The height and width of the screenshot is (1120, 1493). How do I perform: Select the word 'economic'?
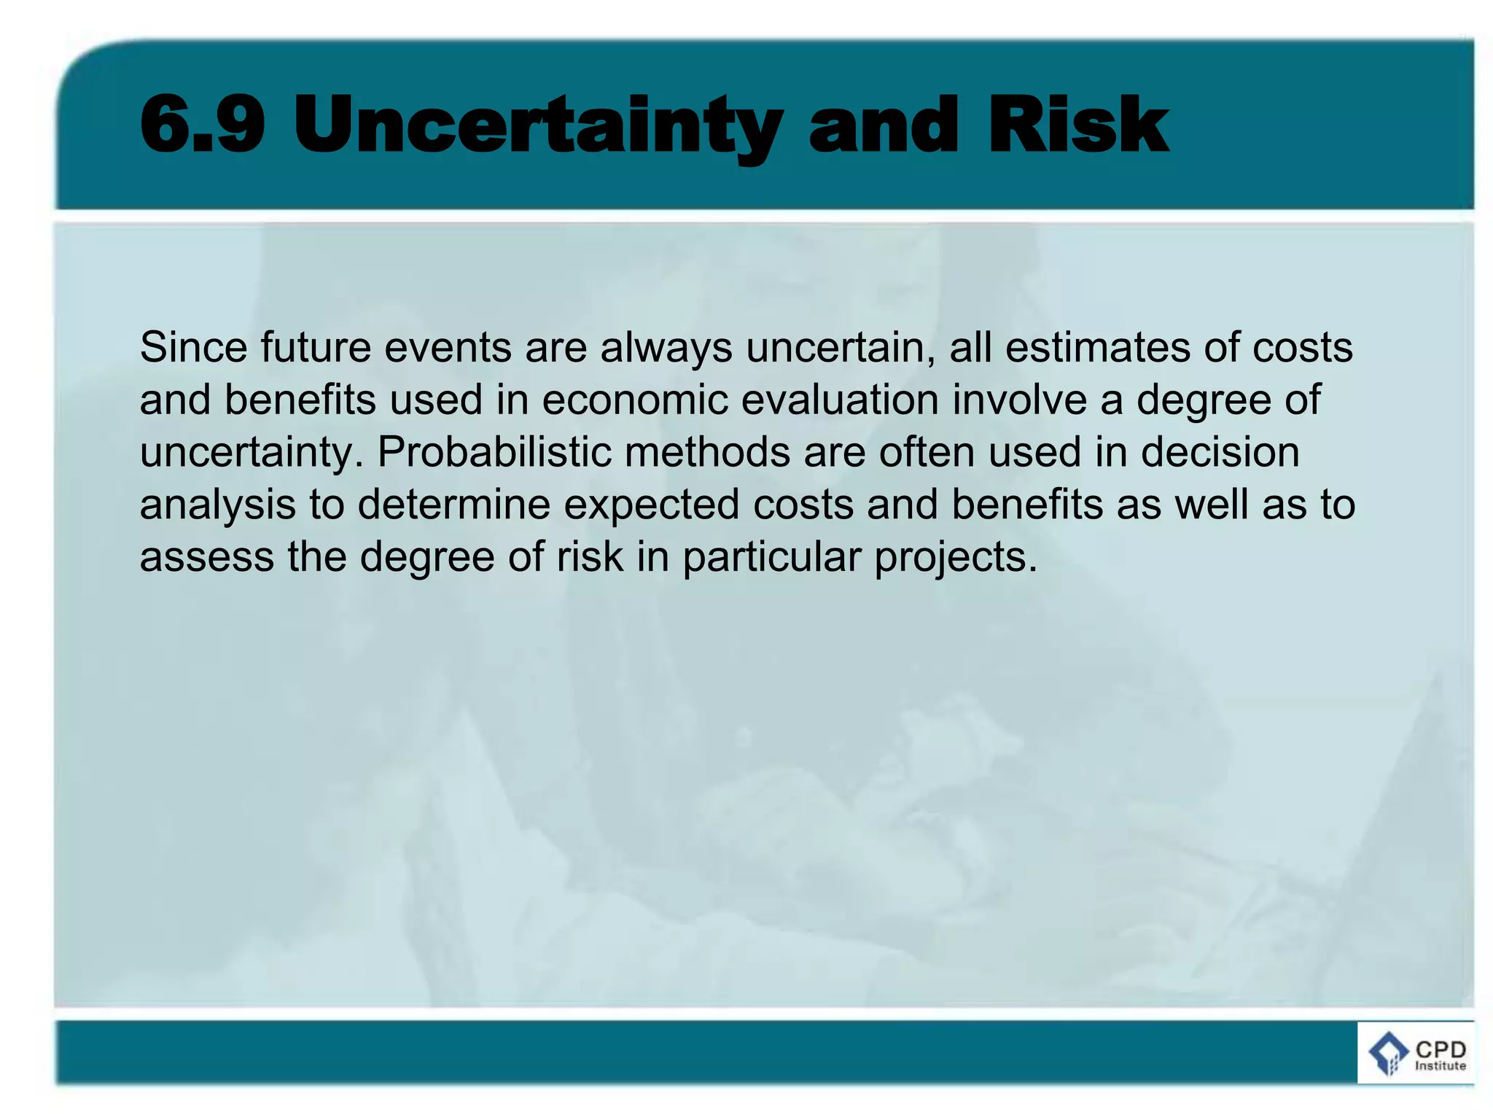[635, 400]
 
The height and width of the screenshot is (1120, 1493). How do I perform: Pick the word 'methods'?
[707, 452]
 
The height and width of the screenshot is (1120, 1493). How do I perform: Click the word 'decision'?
[1220, 452]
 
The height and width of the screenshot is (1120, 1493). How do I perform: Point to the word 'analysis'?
[217, 505]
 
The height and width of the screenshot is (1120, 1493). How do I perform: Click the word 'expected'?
[652, 505]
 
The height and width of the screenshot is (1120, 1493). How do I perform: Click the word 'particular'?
[772, 557]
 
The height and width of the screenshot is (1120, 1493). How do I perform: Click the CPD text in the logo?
[1441, 1049]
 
